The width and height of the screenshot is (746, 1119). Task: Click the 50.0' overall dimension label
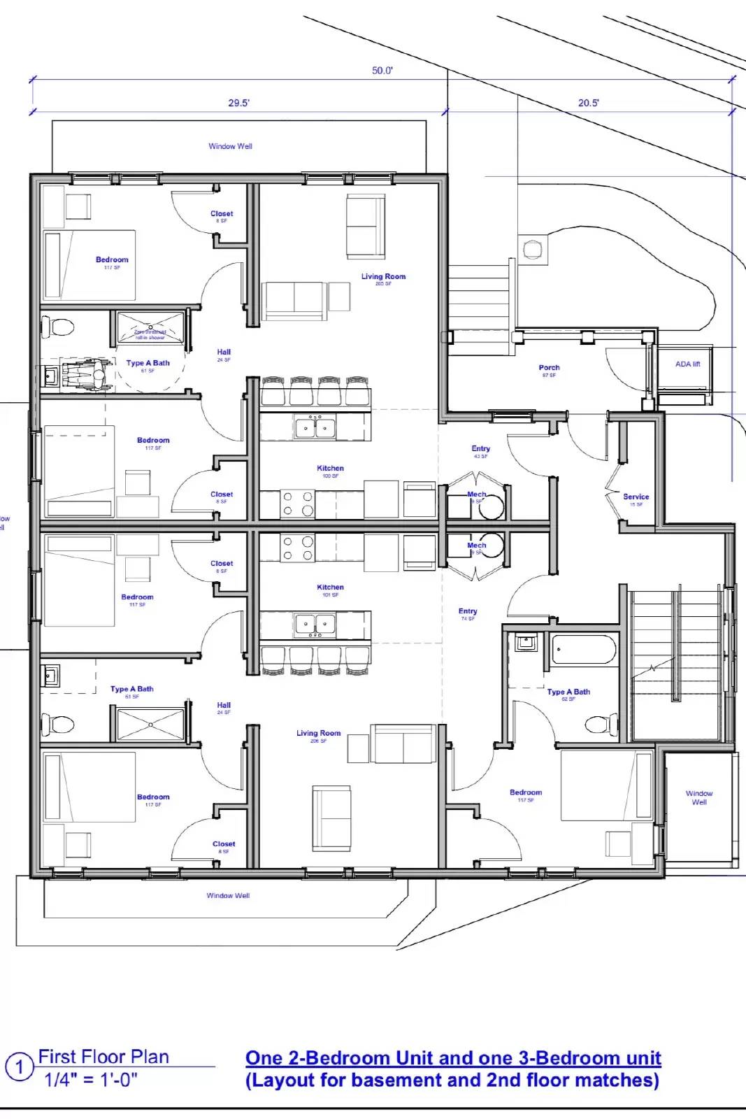pyautogui.click(x=382, y=71)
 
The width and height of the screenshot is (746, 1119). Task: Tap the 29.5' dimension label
pyautogui.click(x=238, y=103)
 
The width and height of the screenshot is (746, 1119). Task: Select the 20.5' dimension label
pyautogui.click(x=588, y=103)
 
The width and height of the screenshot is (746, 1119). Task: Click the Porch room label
pyautogui.click(x=549, y=368)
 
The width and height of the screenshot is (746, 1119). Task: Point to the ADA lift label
pyautogui.click(x=687, y=364)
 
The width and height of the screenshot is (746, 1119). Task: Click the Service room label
pyautogui.click(x=636, y=497)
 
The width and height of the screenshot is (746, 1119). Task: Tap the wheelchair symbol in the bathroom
pyautogui.click(x=87, y=375)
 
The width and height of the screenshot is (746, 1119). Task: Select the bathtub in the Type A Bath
pyautogui.click(x=584, y=650)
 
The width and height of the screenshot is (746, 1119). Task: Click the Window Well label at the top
pyautogui.click(x=230, y=147)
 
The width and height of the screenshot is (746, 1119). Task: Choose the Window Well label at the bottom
pyautogui.click(x=228, y=896)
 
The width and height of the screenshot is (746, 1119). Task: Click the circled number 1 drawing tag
pyautogui.click(x=20, y=1067)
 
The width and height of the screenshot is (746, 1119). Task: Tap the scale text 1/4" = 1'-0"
pyautogui.click(x=91, y=1081)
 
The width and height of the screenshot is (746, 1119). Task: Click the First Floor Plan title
pyautogui.click(x=103, y=1057)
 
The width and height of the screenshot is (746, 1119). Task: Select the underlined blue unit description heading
pyautogui.click(x=453, y=1058)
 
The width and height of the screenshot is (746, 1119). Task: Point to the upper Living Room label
pyautogui.click(x=383, y=277)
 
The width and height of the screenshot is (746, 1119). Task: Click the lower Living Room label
pyautogui.click(x=318, y=734)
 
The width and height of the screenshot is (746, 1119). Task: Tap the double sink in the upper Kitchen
pyautogui.click(x=315, y=427)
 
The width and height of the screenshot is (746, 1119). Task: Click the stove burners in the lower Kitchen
pyautogui.click(x=297, y=548)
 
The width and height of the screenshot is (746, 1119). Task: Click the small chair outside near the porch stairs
pyautogui.click(x=532, y=250)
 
